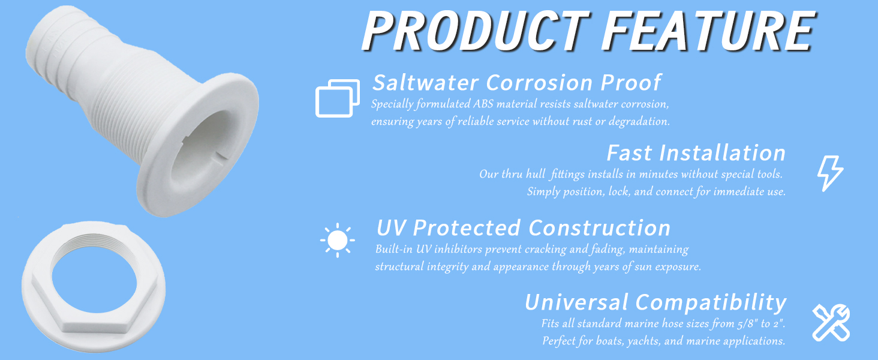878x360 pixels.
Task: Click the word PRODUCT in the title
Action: point(475,31)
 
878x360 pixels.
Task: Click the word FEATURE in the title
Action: point(709,31)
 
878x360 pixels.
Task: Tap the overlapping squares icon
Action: point(338,98)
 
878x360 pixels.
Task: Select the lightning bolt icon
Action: point(831,173)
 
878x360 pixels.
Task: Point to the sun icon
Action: point(338,240)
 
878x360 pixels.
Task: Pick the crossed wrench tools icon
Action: point(831,322)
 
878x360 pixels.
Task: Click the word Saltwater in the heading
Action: point(426,83)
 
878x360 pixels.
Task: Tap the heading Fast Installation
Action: point(696,153)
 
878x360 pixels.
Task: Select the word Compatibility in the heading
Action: point(711,303)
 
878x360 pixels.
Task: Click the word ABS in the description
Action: point(483,104)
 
